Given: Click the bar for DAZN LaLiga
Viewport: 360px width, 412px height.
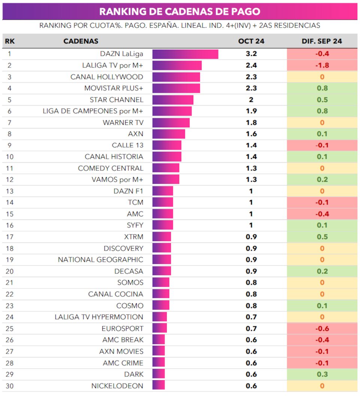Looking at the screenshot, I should click(185, 54).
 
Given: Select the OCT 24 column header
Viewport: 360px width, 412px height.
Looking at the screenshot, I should click(251, 41).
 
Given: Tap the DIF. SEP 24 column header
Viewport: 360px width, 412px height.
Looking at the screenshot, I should click(322, 41).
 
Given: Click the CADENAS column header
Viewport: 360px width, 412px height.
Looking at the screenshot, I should click(81, 41).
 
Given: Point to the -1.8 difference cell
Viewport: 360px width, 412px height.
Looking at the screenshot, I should click(322, 66).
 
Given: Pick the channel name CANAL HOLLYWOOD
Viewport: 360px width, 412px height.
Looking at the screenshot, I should click(107, 77).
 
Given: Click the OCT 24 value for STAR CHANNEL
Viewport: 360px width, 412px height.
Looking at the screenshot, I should click(251, 100).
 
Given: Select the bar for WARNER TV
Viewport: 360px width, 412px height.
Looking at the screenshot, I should click(171, 122).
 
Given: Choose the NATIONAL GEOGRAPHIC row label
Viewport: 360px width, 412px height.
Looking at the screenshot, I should click(100, 260).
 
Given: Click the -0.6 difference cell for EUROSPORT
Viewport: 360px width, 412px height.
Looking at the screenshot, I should click(322, 328).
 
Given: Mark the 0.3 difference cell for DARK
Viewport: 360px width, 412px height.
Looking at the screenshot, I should click(322, 374).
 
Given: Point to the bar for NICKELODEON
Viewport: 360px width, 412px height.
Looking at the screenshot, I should click(158, 386).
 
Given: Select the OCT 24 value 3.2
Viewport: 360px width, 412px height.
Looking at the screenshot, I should click(251, 54).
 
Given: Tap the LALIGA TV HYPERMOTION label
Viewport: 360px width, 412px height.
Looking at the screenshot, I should click(99, 317).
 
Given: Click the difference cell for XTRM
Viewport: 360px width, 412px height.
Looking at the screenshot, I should click(322, 237).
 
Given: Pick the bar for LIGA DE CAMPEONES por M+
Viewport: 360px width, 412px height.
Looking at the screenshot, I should click(172, 111).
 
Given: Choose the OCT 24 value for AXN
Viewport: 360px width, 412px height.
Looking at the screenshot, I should click(251, 134).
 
